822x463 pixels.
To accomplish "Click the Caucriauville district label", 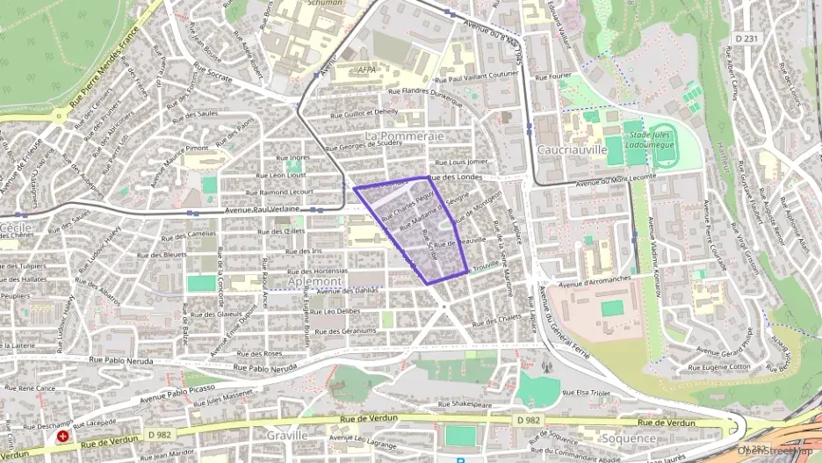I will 572,149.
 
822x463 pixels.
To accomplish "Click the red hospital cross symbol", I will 62,436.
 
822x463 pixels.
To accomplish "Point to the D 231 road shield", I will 745,38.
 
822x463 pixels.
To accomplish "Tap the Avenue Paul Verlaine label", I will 263,210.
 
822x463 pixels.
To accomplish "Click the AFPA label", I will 367,69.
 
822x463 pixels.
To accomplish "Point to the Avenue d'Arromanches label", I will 595,280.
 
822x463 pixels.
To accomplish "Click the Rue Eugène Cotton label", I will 725,366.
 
